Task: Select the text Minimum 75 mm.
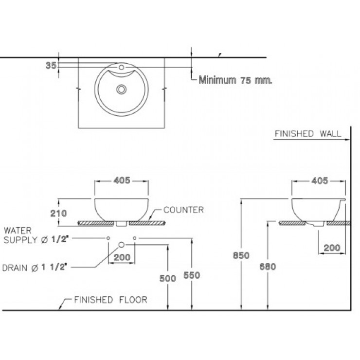235,81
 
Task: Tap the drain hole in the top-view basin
122,89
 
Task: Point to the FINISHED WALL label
307,134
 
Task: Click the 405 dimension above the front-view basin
122,180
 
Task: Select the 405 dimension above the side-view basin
319,180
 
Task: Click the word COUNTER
183,210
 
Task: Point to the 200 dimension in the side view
332,248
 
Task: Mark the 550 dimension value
192,275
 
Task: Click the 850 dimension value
241,255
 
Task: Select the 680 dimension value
268,266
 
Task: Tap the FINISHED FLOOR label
110,300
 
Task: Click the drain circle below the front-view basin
122,245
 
